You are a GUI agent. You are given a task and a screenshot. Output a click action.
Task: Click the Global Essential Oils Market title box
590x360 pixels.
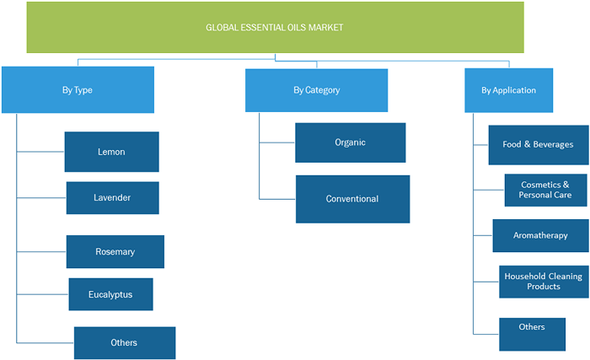click(x=275, y=27)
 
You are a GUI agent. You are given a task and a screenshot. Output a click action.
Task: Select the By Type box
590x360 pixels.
click(x=78, y=89)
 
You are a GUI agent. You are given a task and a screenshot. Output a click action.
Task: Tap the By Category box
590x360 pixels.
click(x=316, y=90)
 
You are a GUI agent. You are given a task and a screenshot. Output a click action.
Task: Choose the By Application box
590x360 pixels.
click(x=509, y=90)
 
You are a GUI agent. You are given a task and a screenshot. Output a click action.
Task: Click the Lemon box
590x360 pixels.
click(x=112, y=152)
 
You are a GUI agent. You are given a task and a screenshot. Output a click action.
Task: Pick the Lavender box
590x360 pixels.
click(x=112, y=197)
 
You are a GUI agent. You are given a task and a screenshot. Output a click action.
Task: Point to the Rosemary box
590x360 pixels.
click(x=115, y=251)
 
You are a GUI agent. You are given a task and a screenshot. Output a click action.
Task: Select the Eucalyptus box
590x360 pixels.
click(x=110, y=294)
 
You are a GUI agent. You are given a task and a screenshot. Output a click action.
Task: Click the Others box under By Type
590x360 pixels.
click(x=125, y=342)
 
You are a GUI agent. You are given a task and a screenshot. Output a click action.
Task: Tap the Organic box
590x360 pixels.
click(x=351, y=142)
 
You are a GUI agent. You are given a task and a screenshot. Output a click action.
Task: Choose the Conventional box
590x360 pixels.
click(x=352, y=199)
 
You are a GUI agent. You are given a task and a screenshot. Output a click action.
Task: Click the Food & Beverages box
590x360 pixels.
click(x=539, y=145)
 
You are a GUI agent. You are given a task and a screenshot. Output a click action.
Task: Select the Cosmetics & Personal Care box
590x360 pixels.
click(x=545, y=190)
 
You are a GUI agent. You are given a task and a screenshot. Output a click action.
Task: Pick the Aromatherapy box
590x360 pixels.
click(x=541, y=235)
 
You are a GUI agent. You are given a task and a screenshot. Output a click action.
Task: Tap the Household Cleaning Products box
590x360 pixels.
click(x=544, y=282)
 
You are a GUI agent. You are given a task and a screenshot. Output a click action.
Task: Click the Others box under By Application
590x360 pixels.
click(x=532, y=334)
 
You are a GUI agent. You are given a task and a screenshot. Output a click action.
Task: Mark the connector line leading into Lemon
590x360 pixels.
click(x=40, y=152)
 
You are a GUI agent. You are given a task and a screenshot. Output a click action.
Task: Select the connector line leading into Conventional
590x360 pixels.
click(x=277, y=199)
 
